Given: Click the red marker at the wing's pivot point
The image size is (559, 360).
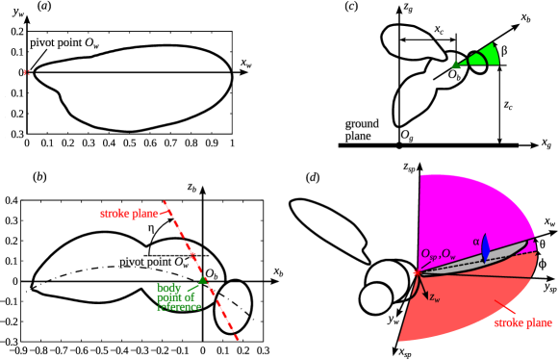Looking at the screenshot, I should point(28,71).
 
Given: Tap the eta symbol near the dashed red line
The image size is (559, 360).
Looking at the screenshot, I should point(151,229).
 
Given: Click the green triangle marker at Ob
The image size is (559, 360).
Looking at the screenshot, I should point(202,280).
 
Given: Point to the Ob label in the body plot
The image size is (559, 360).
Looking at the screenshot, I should point(213,274).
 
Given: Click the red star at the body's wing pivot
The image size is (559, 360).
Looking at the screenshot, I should point(193,255).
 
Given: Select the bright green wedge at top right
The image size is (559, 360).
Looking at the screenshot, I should point(481,56).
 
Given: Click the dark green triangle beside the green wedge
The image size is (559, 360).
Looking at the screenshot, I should point(455,64).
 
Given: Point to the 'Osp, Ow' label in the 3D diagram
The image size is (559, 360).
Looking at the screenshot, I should point(439,253).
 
